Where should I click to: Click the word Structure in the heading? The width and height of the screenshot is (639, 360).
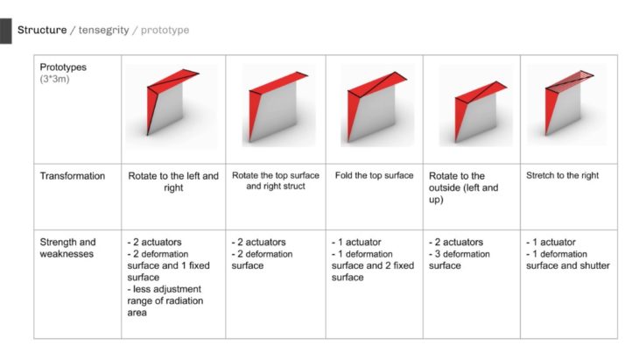42,30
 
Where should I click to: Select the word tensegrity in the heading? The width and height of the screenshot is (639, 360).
103,30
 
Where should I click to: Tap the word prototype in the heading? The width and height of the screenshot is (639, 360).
165,30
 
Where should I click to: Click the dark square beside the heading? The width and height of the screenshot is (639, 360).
6,31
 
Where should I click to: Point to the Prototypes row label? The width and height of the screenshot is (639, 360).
63,67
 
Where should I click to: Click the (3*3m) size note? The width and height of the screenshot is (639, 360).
54,79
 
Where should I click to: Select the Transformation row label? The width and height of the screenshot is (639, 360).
73,176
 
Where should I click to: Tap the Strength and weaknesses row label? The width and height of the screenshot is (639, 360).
67,248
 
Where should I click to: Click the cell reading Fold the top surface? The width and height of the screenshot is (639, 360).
374,176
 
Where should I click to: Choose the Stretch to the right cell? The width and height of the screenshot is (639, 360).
562,176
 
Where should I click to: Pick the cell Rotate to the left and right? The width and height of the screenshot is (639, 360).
173,182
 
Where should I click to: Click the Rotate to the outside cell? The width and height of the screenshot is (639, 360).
464,187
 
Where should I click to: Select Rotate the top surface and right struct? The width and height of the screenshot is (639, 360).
276,180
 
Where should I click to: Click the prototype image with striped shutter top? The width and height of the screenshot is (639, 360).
567,104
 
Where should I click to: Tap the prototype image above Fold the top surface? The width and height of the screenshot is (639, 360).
377,105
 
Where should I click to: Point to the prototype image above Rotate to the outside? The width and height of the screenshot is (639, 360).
475,105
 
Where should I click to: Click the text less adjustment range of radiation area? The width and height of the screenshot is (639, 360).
165,301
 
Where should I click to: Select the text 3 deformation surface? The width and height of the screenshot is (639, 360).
460,259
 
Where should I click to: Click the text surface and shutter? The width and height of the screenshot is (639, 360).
568,265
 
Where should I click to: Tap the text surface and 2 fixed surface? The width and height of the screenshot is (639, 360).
373,272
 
